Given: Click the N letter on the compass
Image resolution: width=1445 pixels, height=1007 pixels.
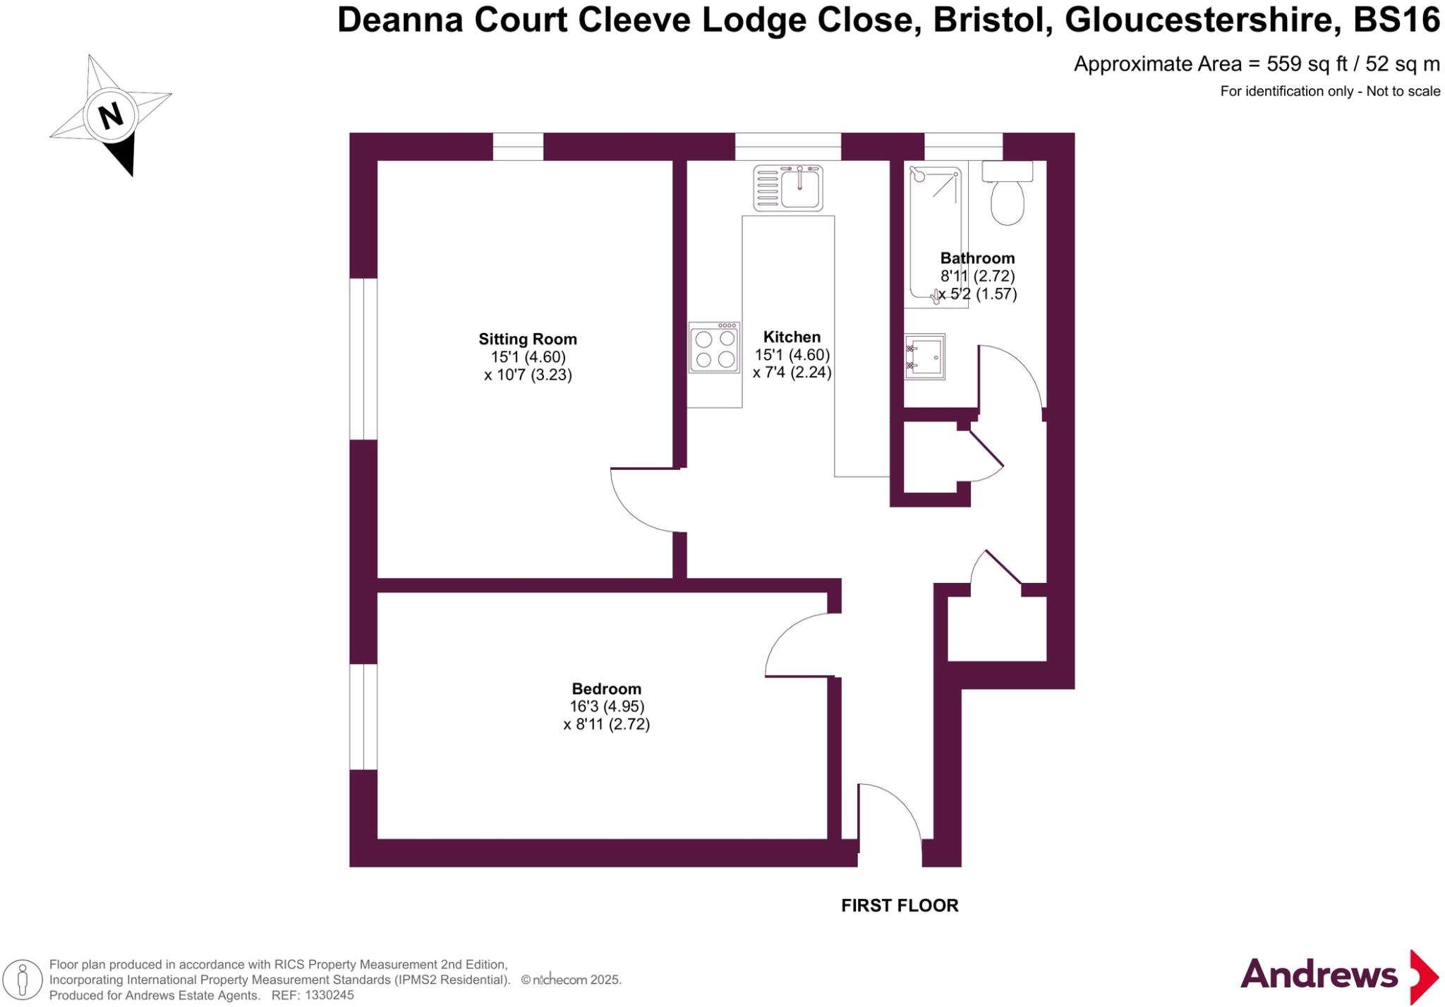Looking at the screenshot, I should (x=110, y=115).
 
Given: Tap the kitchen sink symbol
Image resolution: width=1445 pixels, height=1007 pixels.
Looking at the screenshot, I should (x=788, y=188).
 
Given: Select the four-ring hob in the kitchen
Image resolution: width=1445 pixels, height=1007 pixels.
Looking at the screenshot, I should (x=715, y=348).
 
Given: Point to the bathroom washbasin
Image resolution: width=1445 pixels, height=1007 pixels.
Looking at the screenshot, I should (x=925, y=356).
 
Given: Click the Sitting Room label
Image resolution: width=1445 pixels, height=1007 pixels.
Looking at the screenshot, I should (x=528, y=339).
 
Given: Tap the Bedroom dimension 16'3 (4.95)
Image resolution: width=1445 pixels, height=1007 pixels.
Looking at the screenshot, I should (x=607, y=706).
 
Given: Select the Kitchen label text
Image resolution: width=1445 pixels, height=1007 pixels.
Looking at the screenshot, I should (x=792, y=337).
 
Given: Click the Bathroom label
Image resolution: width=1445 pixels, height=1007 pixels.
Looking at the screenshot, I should (x=977, y=258).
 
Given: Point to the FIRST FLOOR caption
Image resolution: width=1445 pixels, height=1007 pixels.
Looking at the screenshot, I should (x=900, y=905).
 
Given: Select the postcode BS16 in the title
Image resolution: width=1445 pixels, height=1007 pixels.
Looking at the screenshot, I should (x=1396, y=20).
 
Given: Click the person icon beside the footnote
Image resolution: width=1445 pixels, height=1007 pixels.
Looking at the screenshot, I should (x=23, y=980).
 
